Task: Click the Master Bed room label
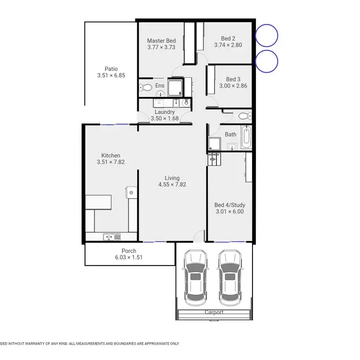[161, 41]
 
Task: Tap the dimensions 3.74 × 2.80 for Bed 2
[228, 46]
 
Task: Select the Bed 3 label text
[233, 79]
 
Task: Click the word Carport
[214, 312]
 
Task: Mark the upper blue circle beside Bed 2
[266, 36]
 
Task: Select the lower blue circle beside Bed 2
[266, 61]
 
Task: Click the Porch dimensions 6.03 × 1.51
[129, 257]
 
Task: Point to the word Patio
[111, 69]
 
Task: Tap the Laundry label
[165, 112]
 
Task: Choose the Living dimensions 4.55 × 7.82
[173, 184]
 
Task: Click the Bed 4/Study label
[229, 204]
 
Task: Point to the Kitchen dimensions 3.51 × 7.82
[110, 162]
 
